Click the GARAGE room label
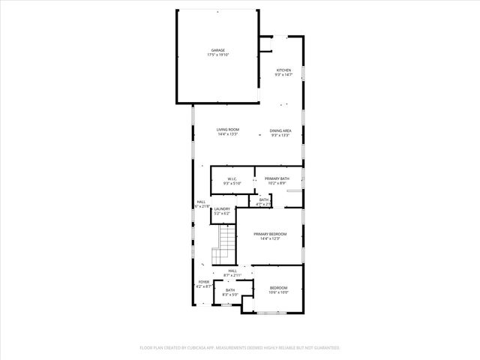click(217, 50)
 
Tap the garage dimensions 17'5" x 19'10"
click(217, 55)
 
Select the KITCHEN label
click(283, 70)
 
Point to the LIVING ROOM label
click(227, 130)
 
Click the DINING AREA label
click(280, 130)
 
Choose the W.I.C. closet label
click(232, 178)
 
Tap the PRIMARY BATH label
click(277, 178)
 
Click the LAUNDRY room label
click(222, 209)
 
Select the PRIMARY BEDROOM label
click(270, 234)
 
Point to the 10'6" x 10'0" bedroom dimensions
click(279, 292)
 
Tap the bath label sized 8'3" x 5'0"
click(230, 295)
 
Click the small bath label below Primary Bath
click(264, 199)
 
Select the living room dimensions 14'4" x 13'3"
click(227, 135)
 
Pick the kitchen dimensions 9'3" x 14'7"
click(283, 75)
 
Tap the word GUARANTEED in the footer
click(324, 348)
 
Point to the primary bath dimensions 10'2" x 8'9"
click(277, 183)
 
